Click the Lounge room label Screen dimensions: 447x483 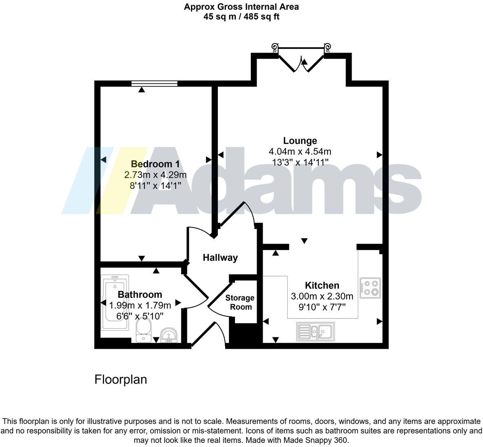(x=300, y=141)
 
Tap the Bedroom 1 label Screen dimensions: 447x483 (x=155, y=164)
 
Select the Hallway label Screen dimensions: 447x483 (x=220, y=257)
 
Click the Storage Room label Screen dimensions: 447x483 (x=240, y=302)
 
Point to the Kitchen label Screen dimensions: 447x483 (x=322, y=285)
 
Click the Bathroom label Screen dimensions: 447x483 (x=140, y=294)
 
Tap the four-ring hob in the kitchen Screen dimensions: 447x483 (x=370, y=288)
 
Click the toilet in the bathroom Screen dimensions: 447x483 (x=143, y=330)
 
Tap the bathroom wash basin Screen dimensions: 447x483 (x=168, y=335)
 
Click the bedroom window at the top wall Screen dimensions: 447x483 (x=155, y=84)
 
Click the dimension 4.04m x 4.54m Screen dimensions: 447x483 (x=300, y=152)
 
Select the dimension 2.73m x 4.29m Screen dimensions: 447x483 (x=155, y=175)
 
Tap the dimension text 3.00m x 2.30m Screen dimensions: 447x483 (x=322, y=296)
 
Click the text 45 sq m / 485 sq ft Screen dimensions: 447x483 (x=241, y=17)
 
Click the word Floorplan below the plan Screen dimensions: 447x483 (x=121, y=380)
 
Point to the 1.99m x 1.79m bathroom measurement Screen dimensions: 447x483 (x=140, y=305)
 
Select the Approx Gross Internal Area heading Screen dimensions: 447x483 (x=241, y=7)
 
